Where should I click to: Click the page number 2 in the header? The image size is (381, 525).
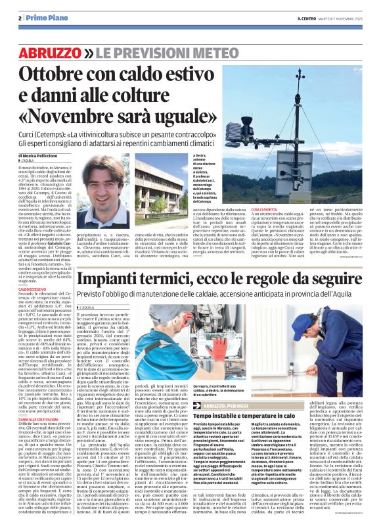pyautogui.click(x=20, y=18)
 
